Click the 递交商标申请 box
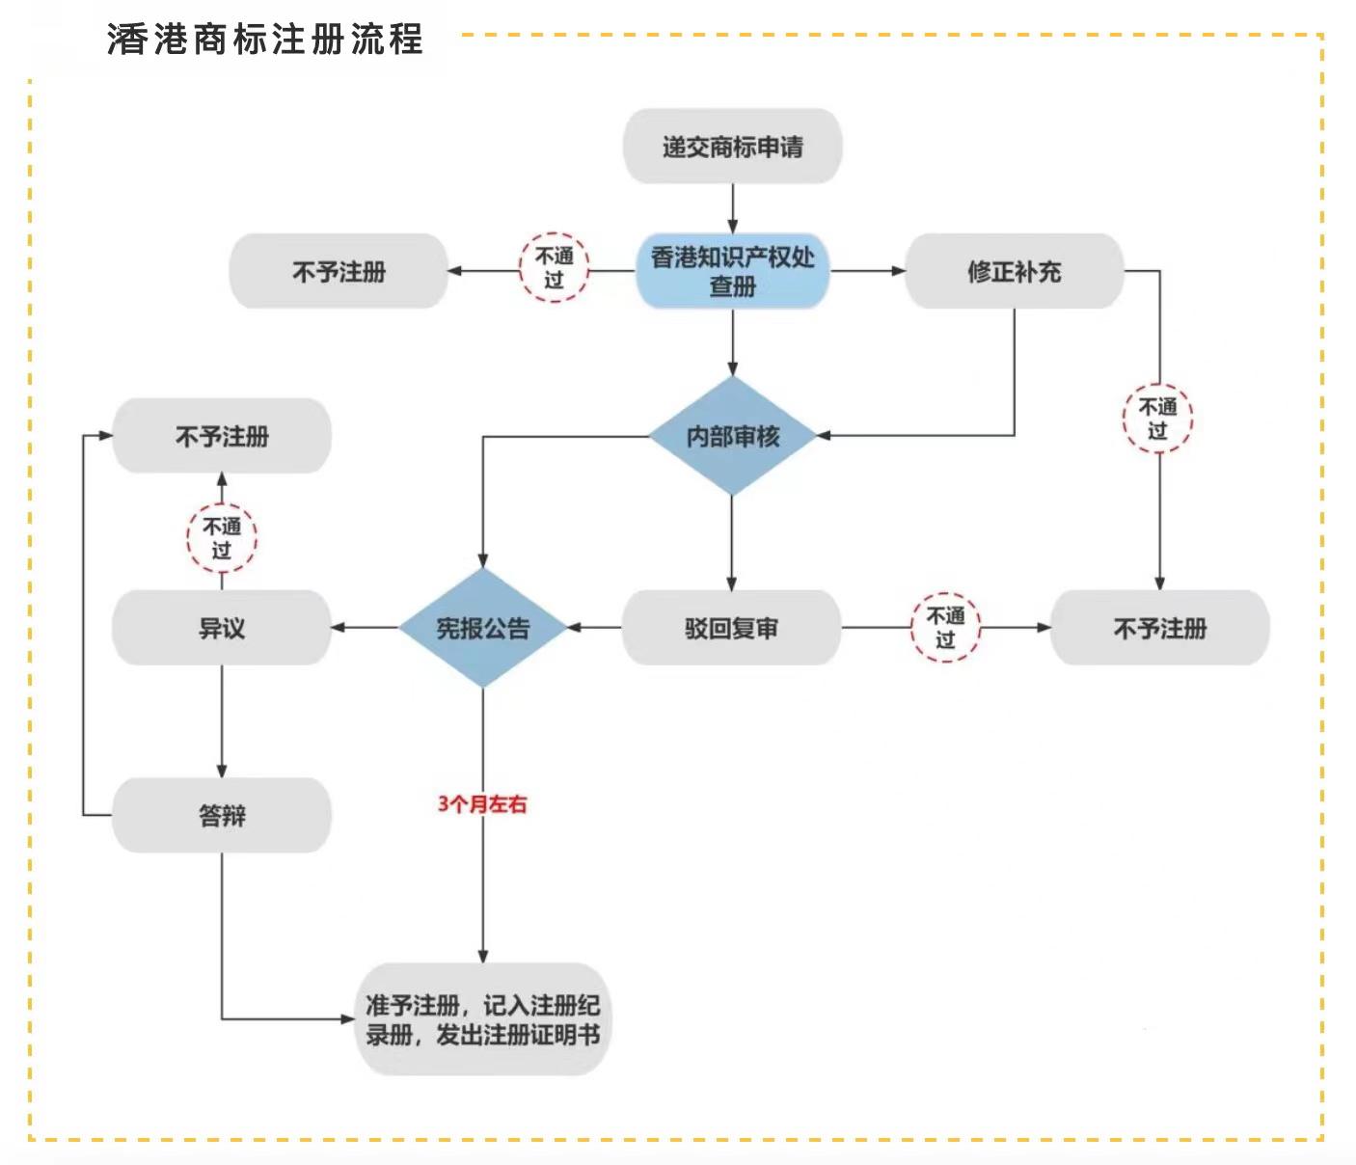point(733,147)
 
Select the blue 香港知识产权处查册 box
point(733,271)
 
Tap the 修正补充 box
point(1015,271)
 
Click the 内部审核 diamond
point(733,436)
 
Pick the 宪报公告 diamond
point(482,628)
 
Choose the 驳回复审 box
point(731,628)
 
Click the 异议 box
point(222,628)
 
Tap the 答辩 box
point(222,815)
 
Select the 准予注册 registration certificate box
point(482,1019)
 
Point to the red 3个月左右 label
point(482,803)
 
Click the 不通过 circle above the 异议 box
point(222,538)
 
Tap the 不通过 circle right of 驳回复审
point(945,628)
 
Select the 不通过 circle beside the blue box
point(554,268)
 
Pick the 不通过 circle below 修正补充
point(1158,419)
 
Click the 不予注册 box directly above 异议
point(222,436)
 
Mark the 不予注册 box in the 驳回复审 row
point(1160,628)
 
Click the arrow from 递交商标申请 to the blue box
point(733,208)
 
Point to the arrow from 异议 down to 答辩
point(222,721)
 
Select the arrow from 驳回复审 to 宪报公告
point(594,628)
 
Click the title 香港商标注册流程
point(265,40)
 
